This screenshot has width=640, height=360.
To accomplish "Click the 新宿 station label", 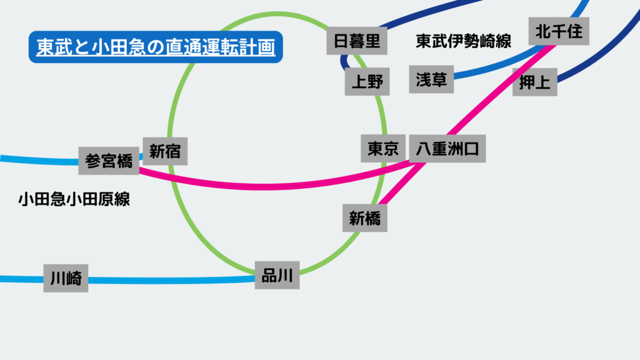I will [165, 151].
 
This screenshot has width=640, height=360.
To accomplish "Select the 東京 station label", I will [383, 149].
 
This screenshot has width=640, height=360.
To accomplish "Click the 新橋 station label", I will [365, 218].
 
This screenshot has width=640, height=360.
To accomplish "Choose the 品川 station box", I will [277, 275].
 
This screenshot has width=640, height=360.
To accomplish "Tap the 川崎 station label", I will [66, 278].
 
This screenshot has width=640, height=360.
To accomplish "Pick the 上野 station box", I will [367, 82].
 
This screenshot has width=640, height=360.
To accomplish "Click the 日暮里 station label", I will [357, 41].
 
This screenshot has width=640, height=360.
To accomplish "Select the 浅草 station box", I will [431, 79].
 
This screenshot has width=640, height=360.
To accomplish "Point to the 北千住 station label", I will [559, 31].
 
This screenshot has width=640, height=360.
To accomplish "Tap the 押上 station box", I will [535, 82].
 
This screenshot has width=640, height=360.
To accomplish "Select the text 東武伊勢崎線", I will [463, 42].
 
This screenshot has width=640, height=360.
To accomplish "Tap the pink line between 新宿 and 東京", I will [269, 186].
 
